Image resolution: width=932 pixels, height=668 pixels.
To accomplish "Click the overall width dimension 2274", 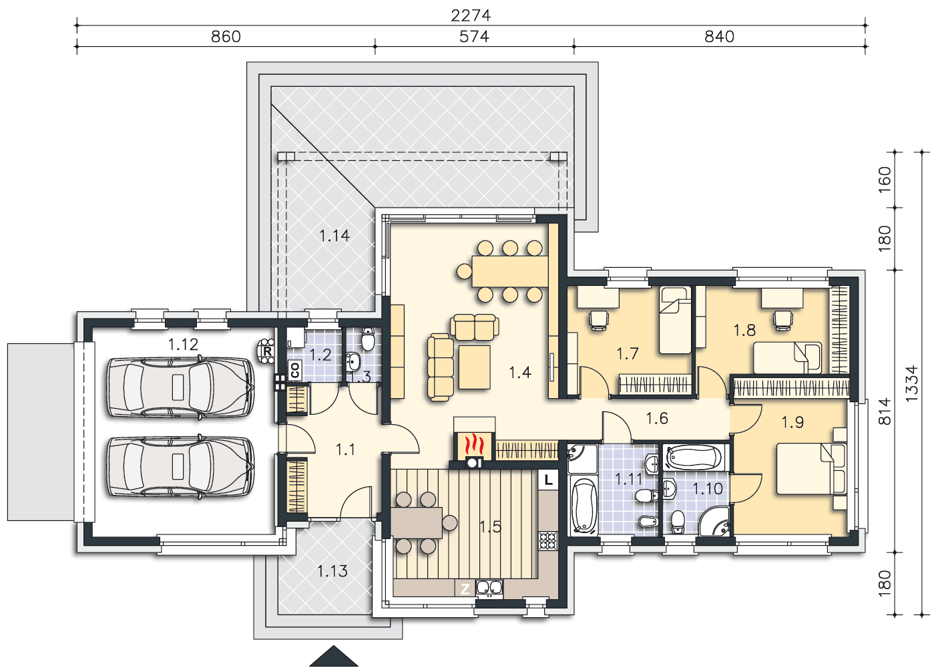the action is [x=471, y=15].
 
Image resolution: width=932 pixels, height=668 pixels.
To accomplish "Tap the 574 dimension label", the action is [x=474, y=37].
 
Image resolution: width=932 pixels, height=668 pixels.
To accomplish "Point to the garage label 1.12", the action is [x=183, y=344].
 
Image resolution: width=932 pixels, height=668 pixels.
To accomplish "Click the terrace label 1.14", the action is [x=334, y=236].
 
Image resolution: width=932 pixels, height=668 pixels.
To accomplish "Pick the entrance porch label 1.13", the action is [x=332, y=571].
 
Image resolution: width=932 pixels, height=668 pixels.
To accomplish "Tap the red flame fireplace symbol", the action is [x=474, y=445].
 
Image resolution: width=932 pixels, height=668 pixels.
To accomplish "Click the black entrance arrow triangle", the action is [x=334, y=657].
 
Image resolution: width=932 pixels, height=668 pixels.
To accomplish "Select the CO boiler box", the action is [x=295, y=369].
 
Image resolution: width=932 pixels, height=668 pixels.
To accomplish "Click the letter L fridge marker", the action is [x=549, y=480].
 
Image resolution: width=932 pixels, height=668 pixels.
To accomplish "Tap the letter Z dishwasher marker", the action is [x=465, y=589].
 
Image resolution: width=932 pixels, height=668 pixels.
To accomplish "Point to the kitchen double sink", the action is [x=489, y=587].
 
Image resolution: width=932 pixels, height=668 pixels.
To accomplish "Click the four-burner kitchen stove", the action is [x=548, y=541].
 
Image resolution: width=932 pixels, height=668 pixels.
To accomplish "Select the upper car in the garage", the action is [x=180, y=387].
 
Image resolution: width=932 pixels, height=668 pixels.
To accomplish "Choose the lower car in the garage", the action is [x=180, y=466].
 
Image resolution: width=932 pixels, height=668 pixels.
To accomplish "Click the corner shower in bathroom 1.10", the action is [x=715, y=521].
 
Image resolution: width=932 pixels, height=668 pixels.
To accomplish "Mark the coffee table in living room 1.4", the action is [x=474, y=367].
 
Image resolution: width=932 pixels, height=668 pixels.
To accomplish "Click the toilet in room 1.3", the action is [x=368, y=339].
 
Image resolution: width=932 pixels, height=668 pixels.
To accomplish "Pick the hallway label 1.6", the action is [x=657, y=418].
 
